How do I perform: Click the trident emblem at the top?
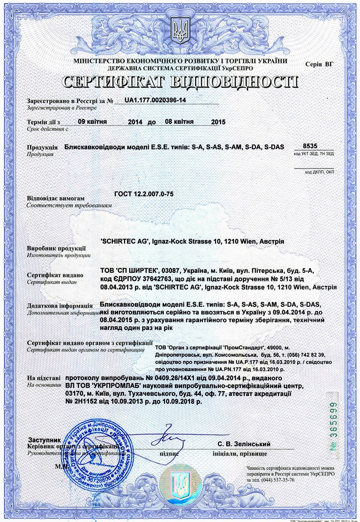coord(180,30)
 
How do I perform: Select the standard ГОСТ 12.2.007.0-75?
coord(144,194)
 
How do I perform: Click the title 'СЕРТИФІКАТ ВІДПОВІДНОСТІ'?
coord(180,82)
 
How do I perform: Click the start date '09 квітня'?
coord(92,121)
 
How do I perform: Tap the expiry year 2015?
coord(219,122)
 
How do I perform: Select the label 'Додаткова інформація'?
coord(60,305)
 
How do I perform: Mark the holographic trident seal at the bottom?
coord(179,487)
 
